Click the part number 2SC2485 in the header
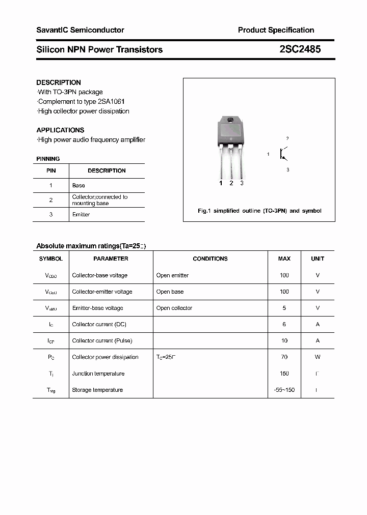click(x=300, y=49)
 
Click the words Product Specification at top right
click(x=276, y=30)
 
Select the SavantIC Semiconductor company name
click(x=80, y=30)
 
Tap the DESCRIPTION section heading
click(x=59, y=82)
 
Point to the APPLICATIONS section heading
click(x=60, y=130)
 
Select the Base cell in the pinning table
click(x=78, y=185)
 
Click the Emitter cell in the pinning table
click(x=81, y=214)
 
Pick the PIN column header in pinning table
click(x=51, y=170)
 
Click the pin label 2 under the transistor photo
click(x=231, y=183)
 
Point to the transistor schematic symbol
click(x=283, y=154)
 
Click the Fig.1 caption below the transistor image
click(x=259, y=211)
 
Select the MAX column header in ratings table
click(x=284, y=259)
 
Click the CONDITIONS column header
click(x=210, y=259)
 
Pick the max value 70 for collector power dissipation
click(x=284, y=357)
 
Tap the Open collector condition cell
click(x=174, y=308)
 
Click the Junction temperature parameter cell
click(x=98, y=374)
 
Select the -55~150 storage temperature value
click(x=284, y=390)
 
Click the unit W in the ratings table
click(x=318, y=357)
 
